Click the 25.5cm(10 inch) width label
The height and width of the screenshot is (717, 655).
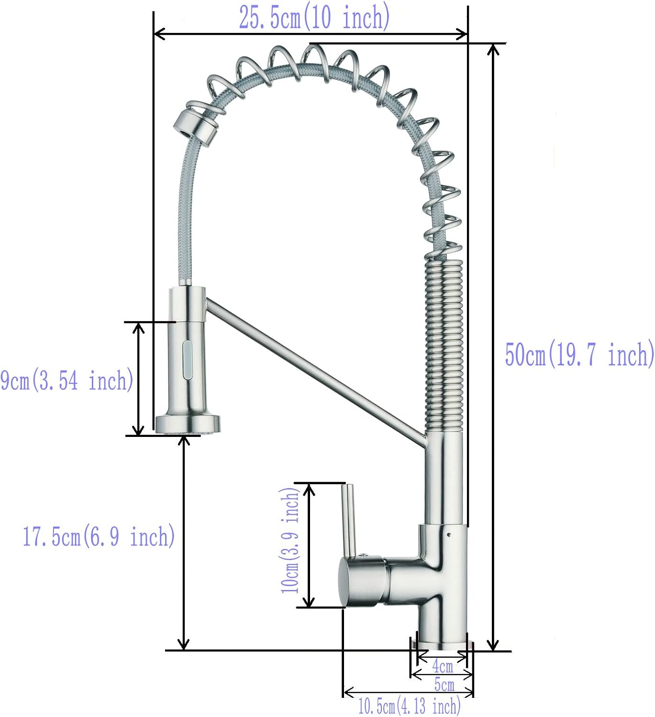tap(314, 18)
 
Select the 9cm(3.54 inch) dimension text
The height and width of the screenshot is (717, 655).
tap(66, 381)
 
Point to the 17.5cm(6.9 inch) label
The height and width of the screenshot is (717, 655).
tap(99, 536)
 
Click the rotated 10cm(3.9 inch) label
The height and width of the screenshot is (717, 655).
tap(290, 541)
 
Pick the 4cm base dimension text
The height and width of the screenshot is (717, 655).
tap(443, 665)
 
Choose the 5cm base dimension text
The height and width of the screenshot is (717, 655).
tap(444, 684)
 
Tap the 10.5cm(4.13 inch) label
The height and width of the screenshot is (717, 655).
tap(409, 706)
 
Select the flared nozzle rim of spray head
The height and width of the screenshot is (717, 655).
tap(188, 424)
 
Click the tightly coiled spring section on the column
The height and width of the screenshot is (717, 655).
tap(444, 344)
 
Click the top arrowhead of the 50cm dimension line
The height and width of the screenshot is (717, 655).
tap(493, 48)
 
